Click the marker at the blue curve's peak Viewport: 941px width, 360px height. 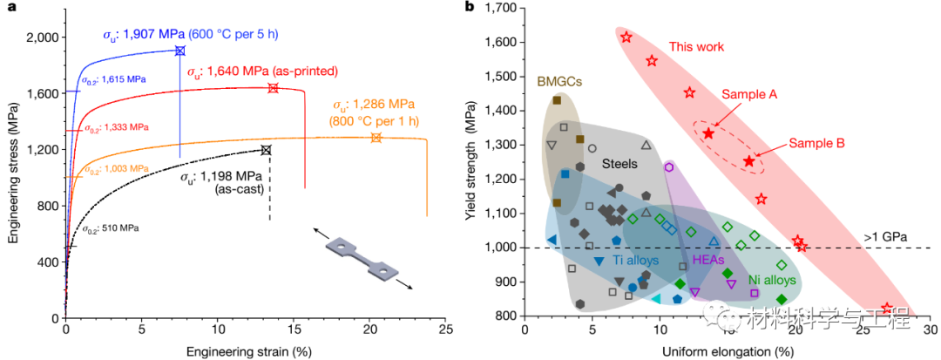point(180,51)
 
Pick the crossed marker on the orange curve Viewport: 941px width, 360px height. point(376,138)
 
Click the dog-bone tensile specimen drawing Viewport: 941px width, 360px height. point(364,260)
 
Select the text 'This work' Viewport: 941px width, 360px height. point(696,45)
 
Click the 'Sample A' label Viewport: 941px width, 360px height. point(748,93)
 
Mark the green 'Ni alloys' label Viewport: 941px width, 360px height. point(773,281)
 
